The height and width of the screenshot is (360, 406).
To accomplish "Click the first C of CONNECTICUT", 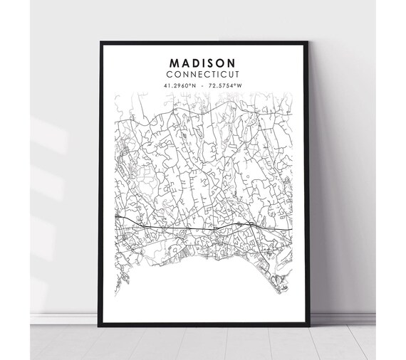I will (x=170, y=74).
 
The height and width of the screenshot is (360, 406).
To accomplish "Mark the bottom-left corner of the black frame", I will (x=99, y=327).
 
